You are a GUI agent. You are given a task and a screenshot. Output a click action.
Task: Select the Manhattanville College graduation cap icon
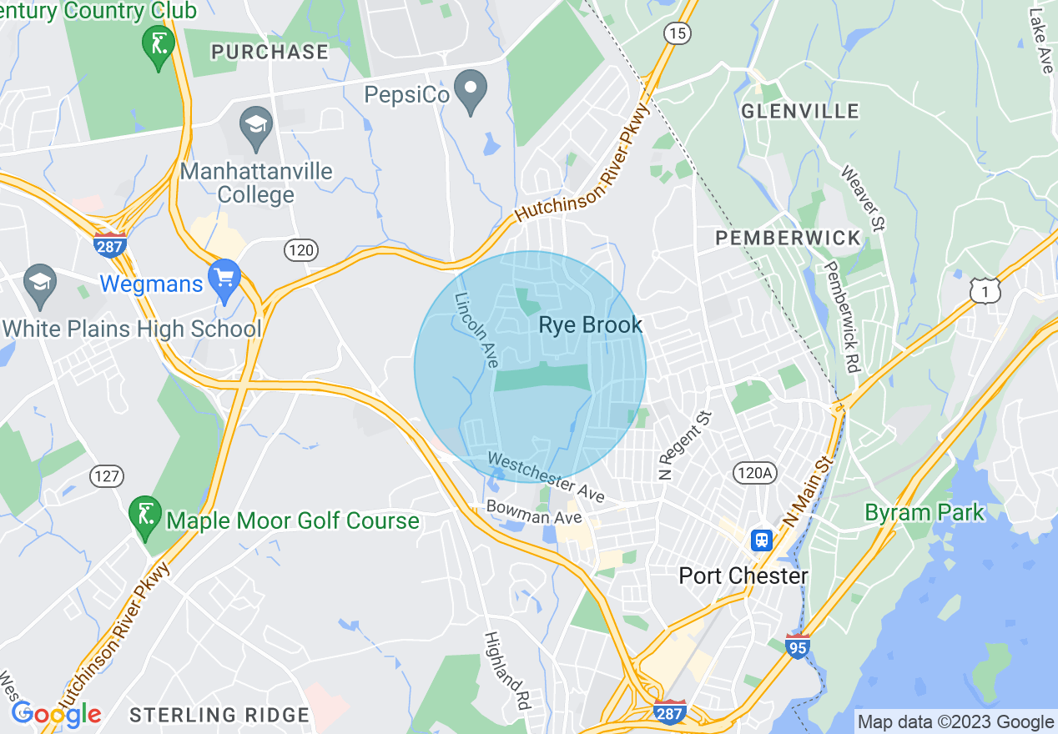click(x=254, y=127)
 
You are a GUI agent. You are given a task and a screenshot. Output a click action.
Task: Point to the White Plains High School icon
click(x=39, y=282)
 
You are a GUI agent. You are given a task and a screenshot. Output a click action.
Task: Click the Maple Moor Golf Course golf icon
click(x=146, y=515)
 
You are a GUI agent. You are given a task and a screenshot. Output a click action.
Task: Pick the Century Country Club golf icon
click(x=158, y=44)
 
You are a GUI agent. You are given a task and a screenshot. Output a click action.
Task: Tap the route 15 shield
click(x=677, y=33)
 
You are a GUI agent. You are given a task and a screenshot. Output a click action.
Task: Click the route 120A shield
click(x=755, y=473)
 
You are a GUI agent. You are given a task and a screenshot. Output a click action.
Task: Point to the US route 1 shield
click(x=985, y=289)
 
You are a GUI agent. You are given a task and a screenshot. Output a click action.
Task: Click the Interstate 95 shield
click(x=799, y=646)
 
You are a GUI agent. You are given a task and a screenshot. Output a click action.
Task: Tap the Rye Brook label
click(x=591, y=325)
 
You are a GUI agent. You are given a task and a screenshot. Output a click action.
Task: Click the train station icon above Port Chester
click(x=762, y=540)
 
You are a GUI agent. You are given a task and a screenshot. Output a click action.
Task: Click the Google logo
click(x=56, y=713)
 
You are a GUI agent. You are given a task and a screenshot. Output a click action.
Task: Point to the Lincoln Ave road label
click(x=476, y=330)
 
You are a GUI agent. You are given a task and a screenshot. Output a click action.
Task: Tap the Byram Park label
click(x=924, y=512)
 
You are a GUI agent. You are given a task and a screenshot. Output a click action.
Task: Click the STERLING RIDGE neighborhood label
click(x=219, y=715)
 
